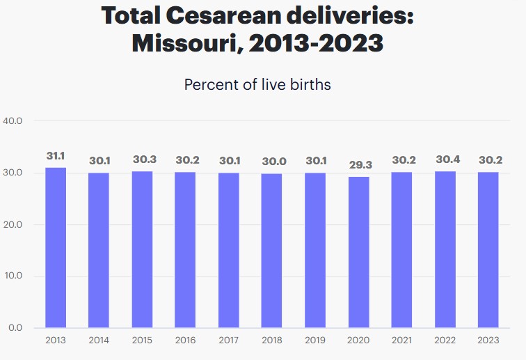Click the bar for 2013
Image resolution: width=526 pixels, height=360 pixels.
point(56,247)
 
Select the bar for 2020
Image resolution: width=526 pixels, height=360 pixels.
point(359,251)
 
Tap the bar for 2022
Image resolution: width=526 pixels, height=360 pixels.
point(446,249)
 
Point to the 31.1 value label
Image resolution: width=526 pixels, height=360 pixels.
point(56,156)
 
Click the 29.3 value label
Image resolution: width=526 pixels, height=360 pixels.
point(359,165)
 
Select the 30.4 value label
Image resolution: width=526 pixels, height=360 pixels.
point(446,159)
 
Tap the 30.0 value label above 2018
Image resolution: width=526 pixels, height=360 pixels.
point(272,161)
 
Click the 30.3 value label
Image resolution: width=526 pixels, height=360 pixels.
point(143,159)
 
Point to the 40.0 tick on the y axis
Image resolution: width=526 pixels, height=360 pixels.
point(13,120)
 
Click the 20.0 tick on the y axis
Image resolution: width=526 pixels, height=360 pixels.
point(13,224)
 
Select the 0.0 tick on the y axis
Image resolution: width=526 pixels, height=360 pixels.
point(16,327)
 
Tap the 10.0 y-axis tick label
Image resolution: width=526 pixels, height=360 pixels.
point(13,276)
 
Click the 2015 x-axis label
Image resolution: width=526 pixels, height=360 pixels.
point(143,341)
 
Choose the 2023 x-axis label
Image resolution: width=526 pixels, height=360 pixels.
point(489,341)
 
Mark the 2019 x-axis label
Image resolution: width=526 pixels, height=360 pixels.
point(316,341)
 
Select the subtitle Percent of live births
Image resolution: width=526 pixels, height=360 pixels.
point(257,85)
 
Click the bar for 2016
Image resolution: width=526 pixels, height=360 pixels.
point(186,249)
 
